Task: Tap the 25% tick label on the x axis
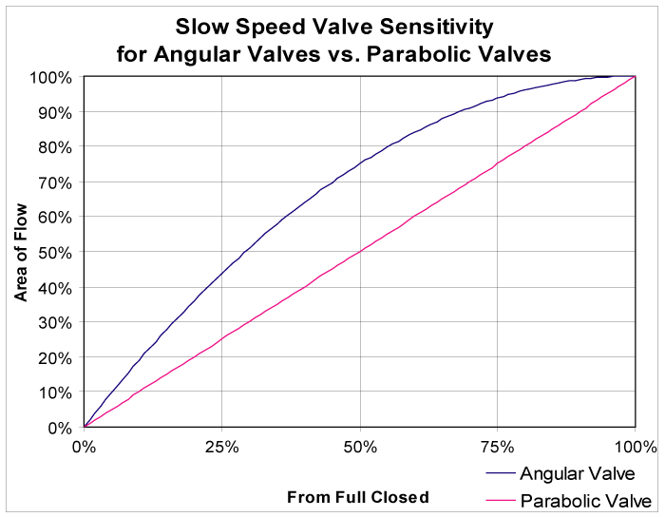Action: (221, 447)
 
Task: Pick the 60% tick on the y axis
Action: (84, 217)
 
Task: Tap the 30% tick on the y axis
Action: (84, 322)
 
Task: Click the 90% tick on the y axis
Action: (84, 111)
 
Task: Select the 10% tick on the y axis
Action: (84, 393)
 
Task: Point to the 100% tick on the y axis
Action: (84, 76)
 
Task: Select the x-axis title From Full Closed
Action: (358, 496)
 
